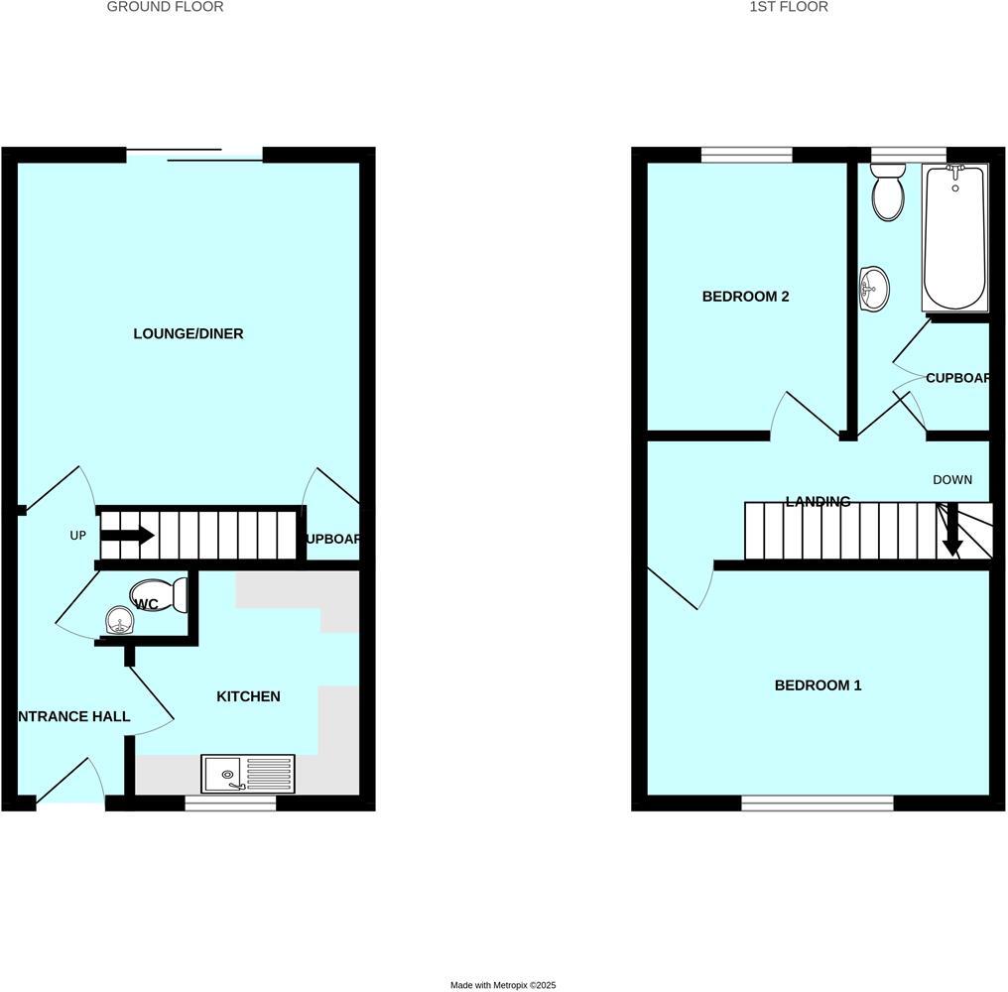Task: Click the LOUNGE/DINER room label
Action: pyautogui.click(x=189, y=333)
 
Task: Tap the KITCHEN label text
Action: pyautogui.click(x=248, y=696)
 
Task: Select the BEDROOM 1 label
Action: pyautogui.click(x=819, y=685)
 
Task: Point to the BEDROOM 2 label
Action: pyautogui.click(x=745, y=296)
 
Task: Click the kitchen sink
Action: pyautogui.click(x=248, y=774)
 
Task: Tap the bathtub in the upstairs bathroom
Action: pyautogui.click(x=954, y=238)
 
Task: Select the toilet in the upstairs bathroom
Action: pyautogui.click(x=887, y=192)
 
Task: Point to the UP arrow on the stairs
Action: pyautogui.click(x=127, y=536)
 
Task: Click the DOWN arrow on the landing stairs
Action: pyautogui.click(x=951, y=531)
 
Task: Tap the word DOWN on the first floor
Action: pyautogui.click(x=952, y=480)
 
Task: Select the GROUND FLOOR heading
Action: pyautogui.click(x=165, y=7)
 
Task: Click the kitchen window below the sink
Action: pyautogui.click(x=230, y=804)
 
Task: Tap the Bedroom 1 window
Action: pyautogui.click(x=818, y=804)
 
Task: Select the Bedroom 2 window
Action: pyautogui.click(x=746, y=154)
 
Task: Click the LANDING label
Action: pyautogui.click(x=818, y=502)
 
